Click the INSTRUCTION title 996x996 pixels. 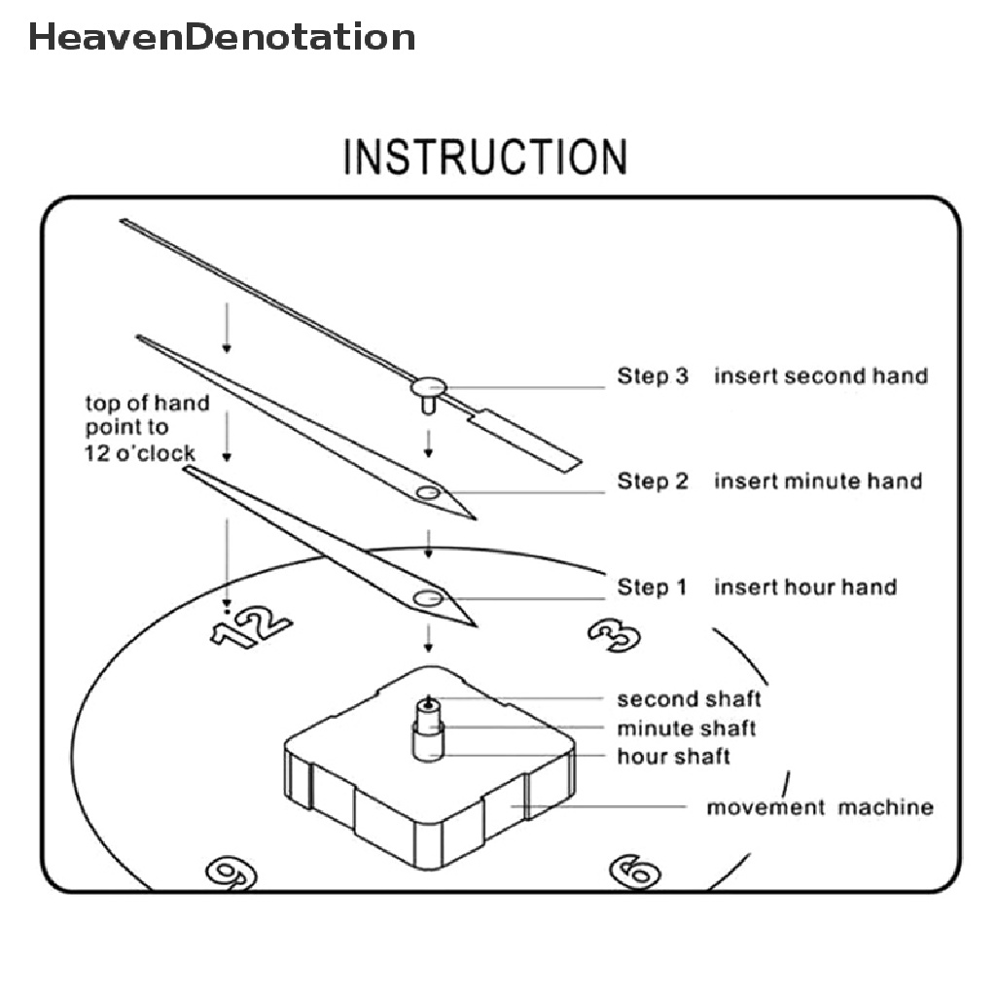(485, 158)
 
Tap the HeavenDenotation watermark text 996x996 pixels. (222, 37)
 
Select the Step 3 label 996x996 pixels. (652, 375)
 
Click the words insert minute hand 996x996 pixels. (818, 480)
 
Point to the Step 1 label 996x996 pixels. (652, 587)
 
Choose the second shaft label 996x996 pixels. (689, 698)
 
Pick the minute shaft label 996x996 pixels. (686, 728)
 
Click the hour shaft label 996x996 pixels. (673, 756)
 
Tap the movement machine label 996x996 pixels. (819, 806)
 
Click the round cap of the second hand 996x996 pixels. (426, 387)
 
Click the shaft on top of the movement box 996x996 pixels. (428, 729)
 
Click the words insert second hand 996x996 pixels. (821, 375)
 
